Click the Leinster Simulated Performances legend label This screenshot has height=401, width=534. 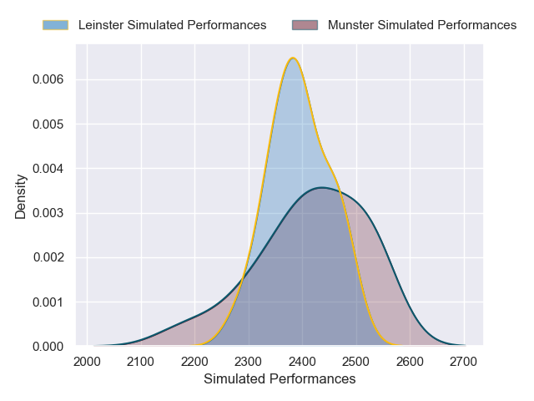coord(172,25)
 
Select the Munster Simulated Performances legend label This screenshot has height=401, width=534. coord(422,25)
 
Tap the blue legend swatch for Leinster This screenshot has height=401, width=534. coord(56,25)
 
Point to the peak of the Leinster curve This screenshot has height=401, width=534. coord(293,58)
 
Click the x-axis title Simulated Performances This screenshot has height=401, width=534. coord(280,379)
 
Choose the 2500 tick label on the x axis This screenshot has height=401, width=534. coord(356,361)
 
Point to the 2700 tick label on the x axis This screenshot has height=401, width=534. coord(464,361)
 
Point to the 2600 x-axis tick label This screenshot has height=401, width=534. coord(410,361)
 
